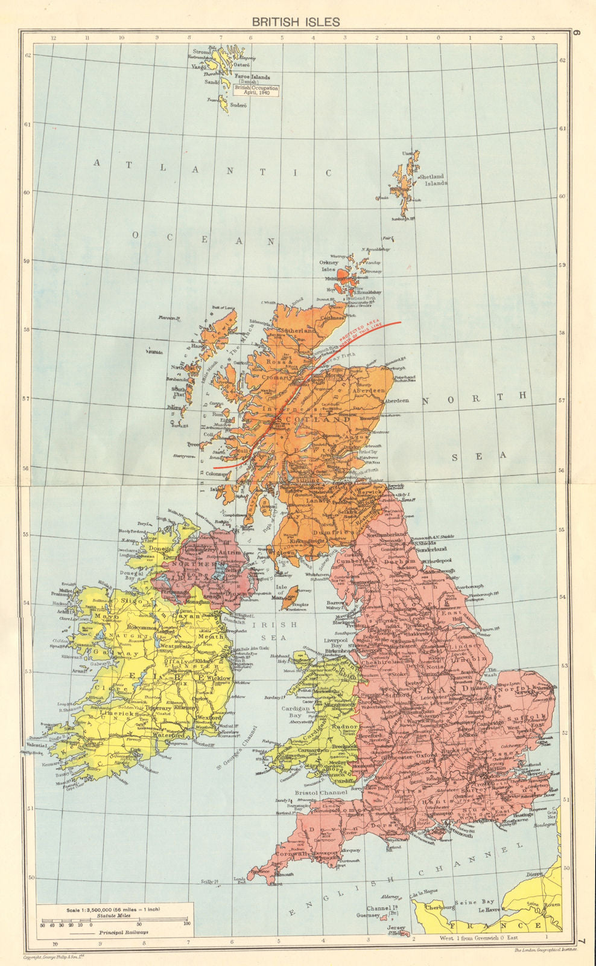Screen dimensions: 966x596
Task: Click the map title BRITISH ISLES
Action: coord(296,22)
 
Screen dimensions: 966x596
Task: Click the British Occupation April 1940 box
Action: coord(257,91)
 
